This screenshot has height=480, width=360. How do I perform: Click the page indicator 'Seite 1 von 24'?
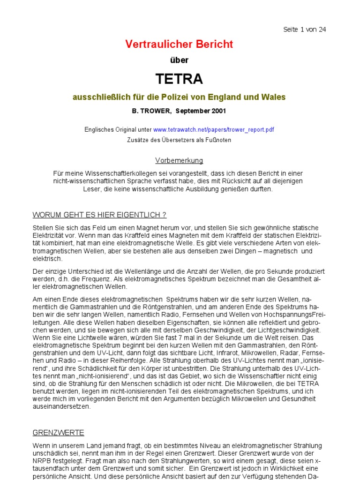pyautogui.click(x=305, y=30)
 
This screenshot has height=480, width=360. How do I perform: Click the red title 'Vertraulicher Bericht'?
pyautogui.click(x=179, y=45)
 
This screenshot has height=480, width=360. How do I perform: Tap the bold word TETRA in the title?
pyautogui.click(x=179, y=79)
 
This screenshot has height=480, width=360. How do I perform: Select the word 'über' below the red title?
pyautogui.click(x=179, y=60)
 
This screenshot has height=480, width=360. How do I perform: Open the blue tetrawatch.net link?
pyautogui.click(x=213, y=129)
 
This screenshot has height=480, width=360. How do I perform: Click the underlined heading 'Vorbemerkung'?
pyautogui.click(x=179, y=161)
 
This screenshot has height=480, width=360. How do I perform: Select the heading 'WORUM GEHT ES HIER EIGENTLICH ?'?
pyautogui.click(x=99, y=215)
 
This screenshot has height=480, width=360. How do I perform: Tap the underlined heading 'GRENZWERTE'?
pyautogui.click(x=58, y=433)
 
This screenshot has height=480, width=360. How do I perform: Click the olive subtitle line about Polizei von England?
pyautogui.click(x=179, y=97)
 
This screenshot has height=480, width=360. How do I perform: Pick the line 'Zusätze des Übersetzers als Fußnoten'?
pyautogui.click(x=179, y=140)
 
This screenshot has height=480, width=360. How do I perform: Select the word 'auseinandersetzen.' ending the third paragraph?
pyautogui.click(x=61, y=407)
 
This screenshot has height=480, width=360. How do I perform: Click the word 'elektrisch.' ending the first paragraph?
pyautogui.click(x=47, y=259)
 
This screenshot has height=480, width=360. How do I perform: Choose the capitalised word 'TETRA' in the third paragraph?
pyautogui.click(x=307, y=384)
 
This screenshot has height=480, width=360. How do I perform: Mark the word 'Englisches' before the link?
pyautogui.click(x=99, y=129)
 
